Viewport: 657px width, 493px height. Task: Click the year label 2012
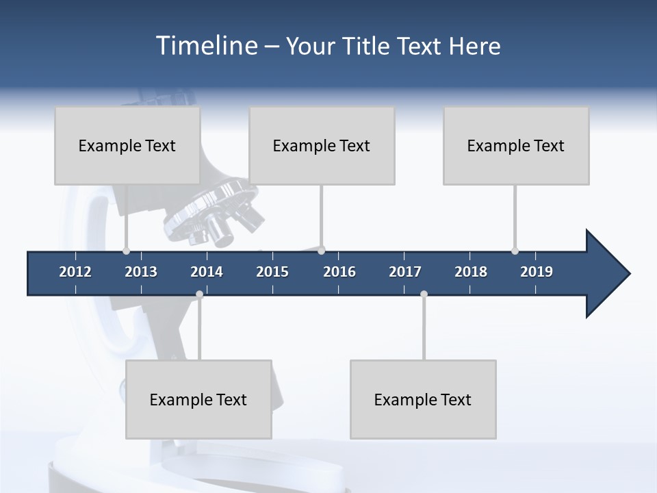[x=75, y=272]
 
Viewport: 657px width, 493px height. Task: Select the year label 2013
[x=141, y=272]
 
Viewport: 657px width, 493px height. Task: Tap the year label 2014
[x=207, y=272]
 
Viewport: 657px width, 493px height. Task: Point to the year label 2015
[x=272, y=272]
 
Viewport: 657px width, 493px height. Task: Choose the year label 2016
[x=339, y=272]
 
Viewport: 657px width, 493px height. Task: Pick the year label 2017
[x=405, y=272]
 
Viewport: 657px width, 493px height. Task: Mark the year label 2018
[x=471, y=272]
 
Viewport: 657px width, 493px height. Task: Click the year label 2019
[x=537, y=272]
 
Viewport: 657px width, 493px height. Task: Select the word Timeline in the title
[x=205, y=46]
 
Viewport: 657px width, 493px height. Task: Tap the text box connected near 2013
[x=127, y=145]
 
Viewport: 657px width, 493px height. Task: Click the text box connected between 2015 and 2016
[x=322, y=145]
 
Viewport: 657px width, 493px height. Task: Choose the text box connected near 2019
[x=516, y=145]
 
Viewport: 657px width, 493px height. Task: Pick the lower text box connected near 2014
[x=198, y=399]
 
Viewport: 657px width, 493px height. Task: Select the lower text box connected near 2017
[x=423, y=399]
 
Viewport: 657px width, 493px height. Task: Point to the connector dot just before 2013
[x=126, y=251]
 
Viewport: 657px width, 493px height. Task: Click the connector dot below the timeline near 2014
[x=199, y=294]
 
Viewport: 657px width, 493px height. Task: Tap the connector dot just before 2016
[x=322, y=251]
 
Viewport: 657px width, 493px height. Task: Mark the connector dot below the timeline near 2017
[x=424, y=294]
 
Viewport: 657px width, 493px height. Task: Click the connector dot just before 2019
[x=515, y=251]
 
